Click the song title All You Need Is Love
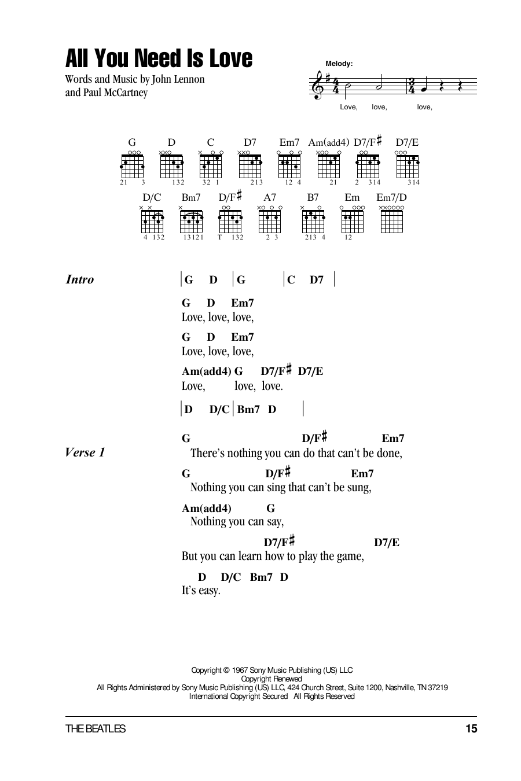pos(159,59)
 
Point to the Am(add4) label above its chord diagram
pos(329,142)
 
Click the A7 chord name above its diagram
pos(270,197)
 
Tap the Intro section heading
pos(80,279)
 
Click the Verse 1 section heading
pos(85,452)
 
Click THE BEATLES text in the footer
pos(96,729)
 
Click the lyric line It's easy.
pos(201,591)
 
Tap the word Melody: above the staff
pos(339,64)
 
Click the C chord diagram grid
pos(211,167)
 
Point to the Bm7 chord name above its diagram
pos(191,197)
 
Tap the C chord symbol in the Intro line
pos(291,280)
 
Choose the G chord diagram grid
pos(133,167)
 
